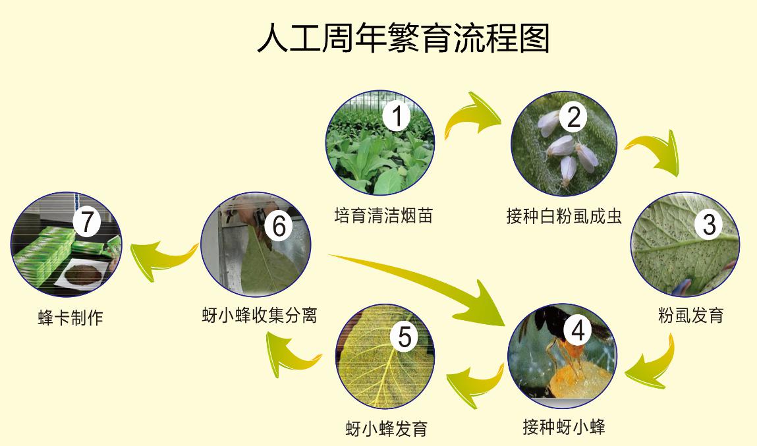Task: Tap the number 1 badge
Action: click(x=397, y=116)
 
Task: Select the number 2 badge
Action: click(x=574, y=117)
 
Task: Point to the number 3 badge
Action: click(x=709, y=224)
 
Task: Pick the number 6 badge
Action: click(x=279, y=226)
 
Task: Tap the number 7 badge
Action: click(x=87, y=221)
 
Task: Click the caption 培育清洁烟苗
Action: click(x=383, y=215)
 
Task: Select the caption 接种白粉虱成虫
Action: click(x=564, y=216)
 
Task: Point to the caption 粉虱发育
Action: click(x=691, y=315)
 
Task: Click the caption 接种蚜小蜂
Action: click(x=563, y=427)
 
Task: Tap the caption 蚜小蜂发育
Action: click(x=387, y=428)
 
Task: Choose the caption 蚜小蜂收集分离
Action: click(x=260, y=315)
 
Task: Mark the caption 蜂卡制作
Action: click(x=70, y=318)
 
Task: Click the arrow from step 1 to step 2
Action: click(x=470, y=115)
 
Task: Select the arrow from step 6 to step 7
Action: click(x=161, y=261)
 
